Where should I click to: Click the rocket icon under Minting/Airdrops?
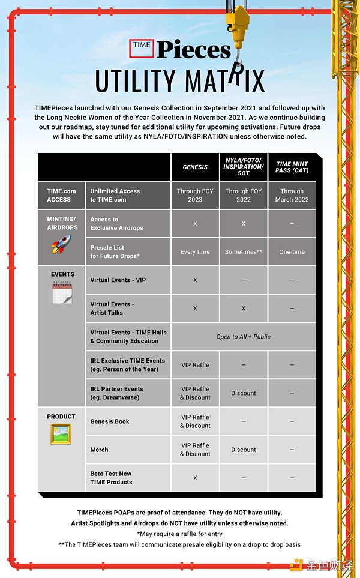(61, 244)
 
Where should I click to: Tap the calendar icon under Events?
(62, 293)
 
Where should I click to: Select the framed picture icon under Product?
(61, 433)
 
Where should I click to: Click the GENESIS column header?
(195, 167)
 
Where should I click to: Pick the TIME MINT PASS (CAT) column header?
(292, 167)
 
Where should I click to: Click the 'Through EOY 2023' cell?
(195, 196)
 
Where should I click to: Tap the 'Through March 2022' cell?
(292, 196)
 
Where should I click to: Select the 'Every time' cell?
(195, 252)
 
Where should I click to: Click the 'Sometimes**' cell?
(244, 252)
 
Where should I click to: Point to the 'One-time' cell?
(292, 252)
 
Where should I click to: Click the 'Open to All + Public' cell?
(244, 337)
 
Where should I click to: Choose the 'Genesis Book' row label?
(110, 421)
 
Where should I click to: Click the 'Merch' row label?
(99, 450)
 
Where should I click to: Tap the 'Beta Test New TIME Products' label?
(112, 478)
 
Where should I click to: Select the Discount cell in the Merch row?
(244, 450)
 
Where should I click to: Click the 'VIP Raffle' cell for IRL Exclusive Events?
(195, 365)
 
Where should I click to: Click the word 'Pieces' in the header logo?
(193, 49)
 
